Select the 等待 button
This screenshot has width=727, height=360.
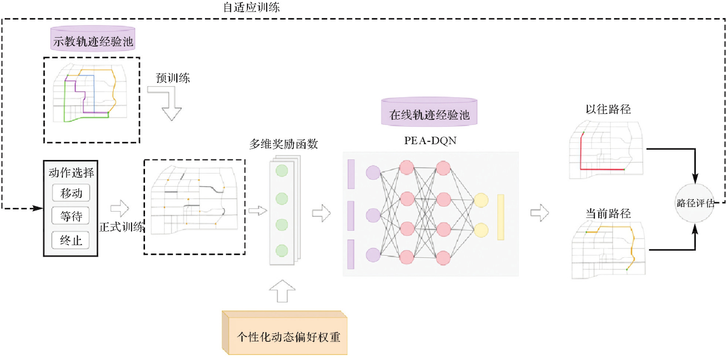(71, 217)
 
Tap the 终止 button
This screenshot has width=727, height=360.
(71, 240)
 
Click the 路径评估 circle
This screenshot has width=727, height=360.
(696, 203)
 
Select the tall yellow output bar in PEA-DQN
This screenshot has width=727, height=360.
(501, 217)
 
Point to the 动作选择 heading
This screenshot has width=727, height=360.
(71, 173)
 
